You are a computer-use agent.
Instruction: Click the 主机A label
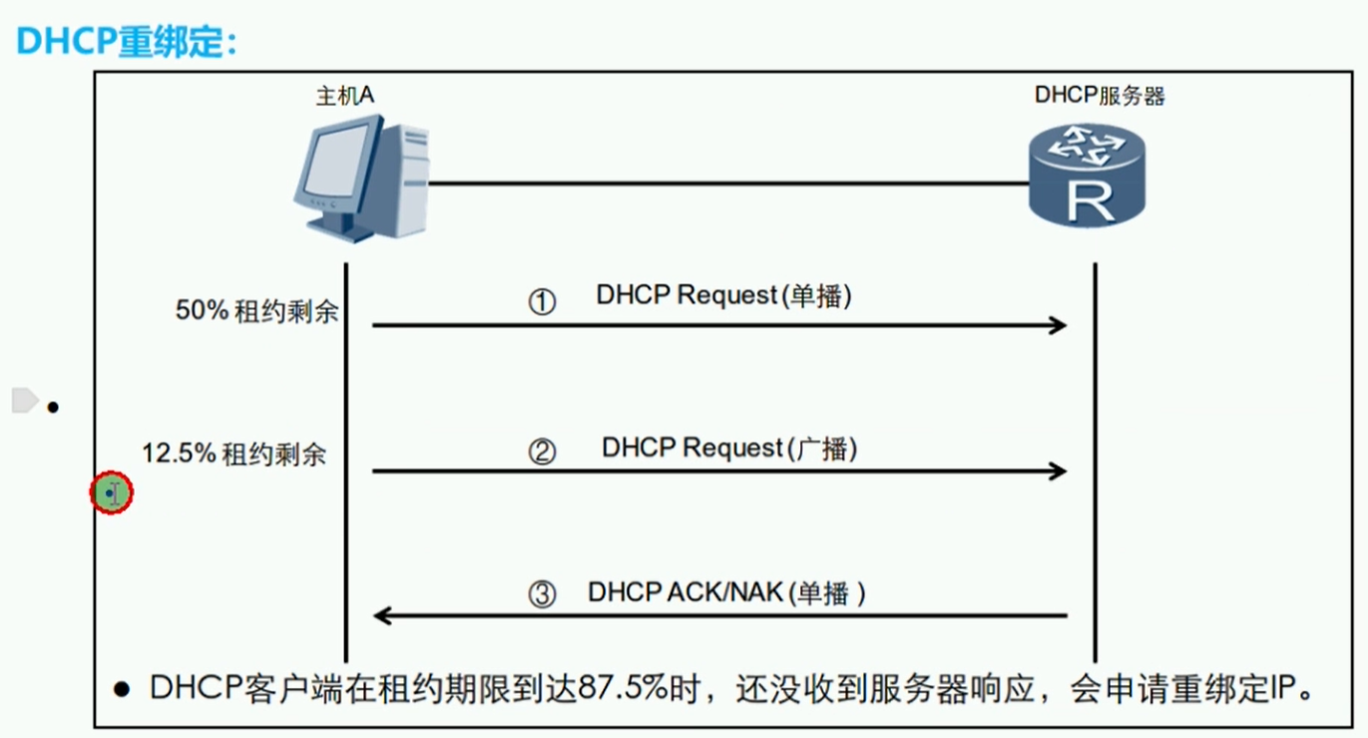345,96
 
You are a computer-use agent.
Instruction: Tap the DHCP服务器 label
1100,96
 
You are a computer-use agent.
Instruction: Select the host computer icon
361,179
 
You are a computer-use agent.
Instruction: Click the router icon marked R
1087,176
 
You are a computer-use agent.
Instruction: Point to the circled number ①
542,301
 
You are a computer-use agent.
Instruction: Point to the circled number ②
542,452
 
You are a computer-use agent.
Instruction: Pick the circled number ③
542,594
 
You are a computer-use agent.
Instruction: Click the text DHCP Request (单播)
723,296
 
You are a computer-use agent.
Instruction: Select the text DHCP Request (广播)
729,449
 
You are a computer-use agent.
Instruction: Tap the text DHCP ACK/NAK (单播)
726,592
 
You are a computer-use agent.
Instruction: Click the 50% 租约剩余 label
256,311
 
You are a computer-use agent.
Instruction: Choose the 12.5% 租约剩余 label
233,454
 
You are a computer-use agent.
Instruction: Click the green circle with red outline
111,492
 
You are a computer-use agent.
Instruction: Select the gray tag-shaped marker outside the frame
25,401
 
